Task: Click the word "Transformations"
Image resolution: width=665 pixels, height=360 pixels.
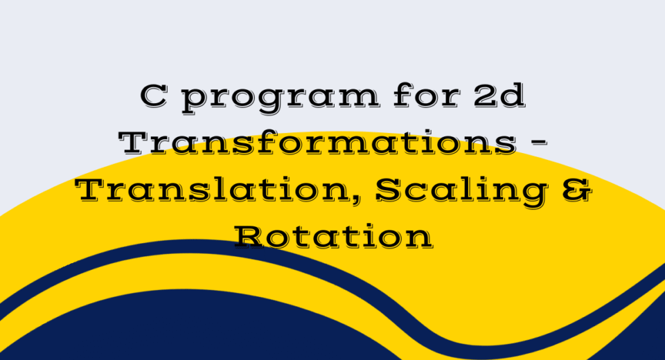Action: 318,143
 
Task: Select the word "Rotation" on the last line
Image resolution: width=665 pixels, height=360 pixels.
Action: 333,237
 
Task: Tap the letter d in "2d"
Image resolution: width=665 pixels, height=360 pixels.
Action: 513,95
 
